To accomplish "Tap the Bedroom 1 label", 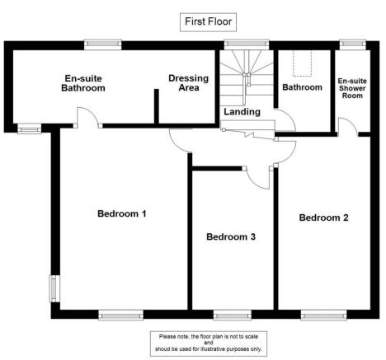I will [122, 214].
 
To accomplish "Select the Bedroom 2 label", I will [323, 218].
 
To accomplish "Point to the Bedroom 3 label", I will [230, 237].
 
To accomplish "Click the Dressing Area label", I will [188, 83].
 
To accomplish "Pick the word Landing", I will [242, 112].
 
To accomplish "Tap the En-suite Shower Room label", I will [353, 87].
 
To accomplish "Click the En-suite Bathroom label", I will [85, 83].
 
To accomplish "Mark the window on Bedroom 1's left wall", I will [53, 288].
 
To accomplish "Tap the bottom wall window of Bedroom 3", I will [232, 314].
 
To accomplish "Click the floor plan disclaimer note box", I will [209, 343].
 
